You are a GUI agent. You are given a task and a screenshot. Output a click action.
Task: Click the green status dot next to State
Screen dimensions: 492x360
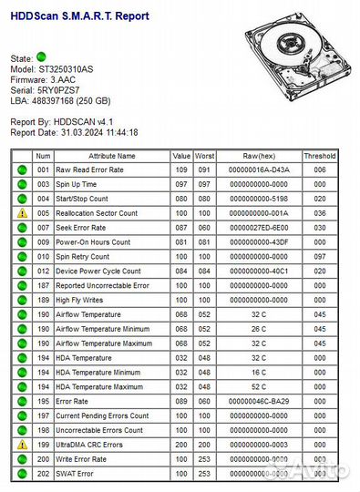click(x=41, y=57)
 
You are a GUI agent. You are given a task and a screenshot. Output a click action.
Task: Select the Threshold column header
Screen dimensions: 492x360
click(x=320, y=156)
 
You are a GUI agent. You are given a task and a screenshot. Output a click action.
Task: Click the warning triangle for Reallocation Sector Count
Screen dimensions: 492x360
click(x=21, y=212)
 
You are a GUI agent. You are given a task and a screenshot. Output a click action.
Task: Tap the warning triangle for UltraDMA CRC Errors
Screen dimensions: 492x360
click(x=21, y=445)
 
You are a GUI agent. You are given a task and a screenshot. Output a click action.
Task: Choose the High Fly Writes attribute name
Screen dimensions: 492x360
click(x=79, y=300)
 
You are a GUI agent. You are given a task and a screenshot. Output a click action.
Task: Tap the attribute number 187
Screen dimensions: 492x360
click(x=43, y=285)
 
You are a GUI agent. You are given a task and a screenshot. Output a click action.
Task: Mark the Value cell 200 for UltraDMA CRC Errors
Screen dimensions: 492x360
click(x=182, y=445)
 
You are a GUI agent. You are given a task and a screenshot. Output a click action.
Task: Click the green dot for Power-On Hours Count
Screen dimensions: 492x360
click(x=21, y=241)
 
